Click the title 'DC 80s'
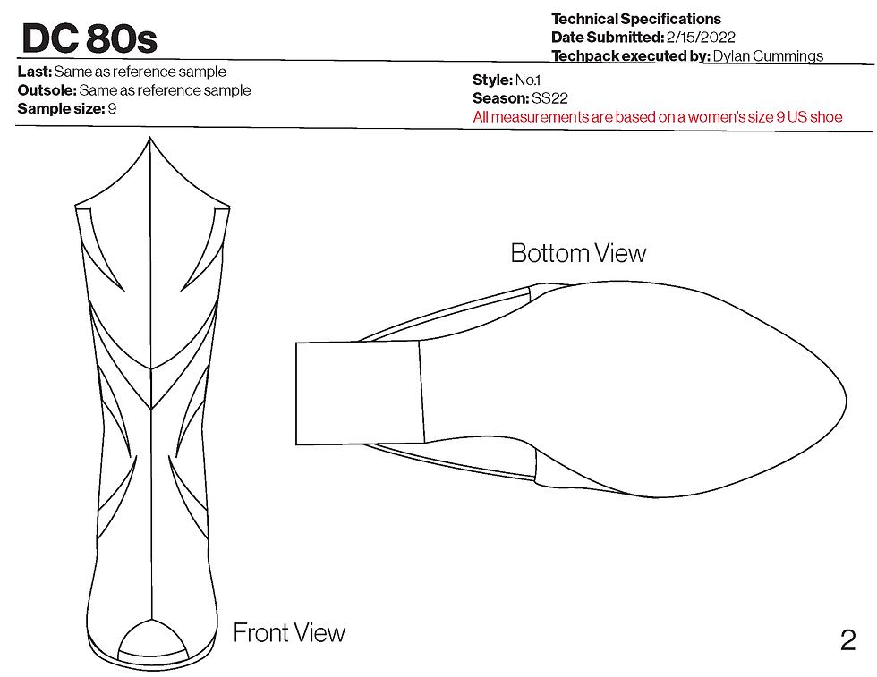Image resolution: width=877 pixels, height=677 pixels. (x=89, y=38)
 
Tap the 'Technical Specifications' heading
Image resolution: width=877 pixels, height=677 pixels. (x=635, y=19)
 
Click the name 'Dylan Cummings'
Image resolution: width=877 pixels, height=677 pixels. (x=768, y=56)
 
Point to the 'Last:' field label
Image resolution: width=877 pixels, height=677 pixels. (x=34, y=72)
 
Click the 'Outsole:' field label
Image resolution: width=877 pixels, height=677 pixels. (x=47, y=90)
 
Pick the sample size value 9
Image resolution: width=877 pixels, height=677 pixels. (x=112, y=109)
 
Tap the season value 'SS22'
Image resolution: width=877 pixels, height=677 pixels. (x=549, y=98)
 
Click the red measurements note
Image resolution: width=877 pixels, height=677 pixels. (x=657, y=117)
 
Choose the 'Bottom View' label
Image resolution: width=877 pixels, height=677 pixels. (x=578, y=253)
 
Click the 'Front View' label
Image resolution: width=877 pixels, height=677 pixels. (x=289, y=633)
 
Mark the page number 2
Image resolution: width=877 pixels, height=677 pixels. (x=847, y=640)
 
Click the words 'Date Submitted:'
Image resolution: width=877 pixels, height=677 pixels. (x=606, y=38)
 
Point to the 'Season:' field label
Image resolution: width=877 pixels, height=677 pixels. (x=499, y=98)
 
